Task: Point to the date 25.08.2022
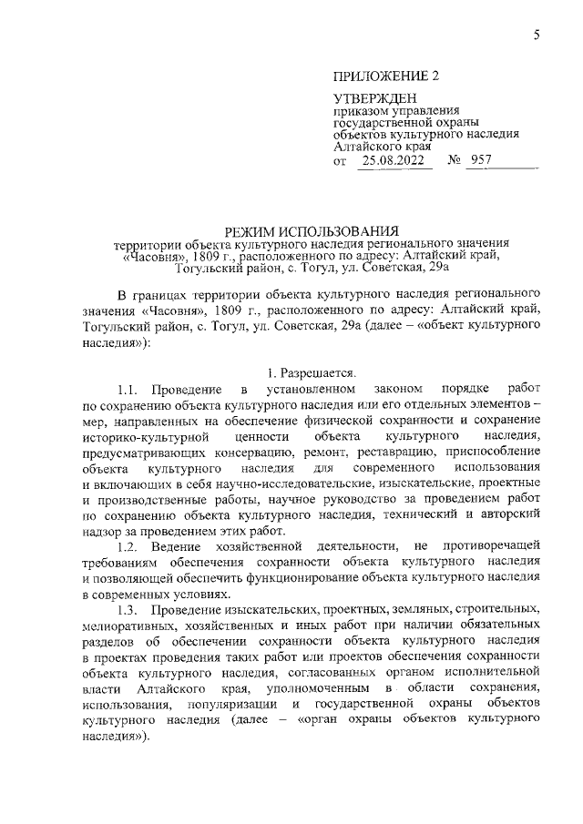point(394,160)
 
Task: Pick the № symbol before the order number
point(455,160)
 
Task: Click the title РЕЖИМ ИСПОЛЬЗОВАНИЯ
point(312,230)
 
